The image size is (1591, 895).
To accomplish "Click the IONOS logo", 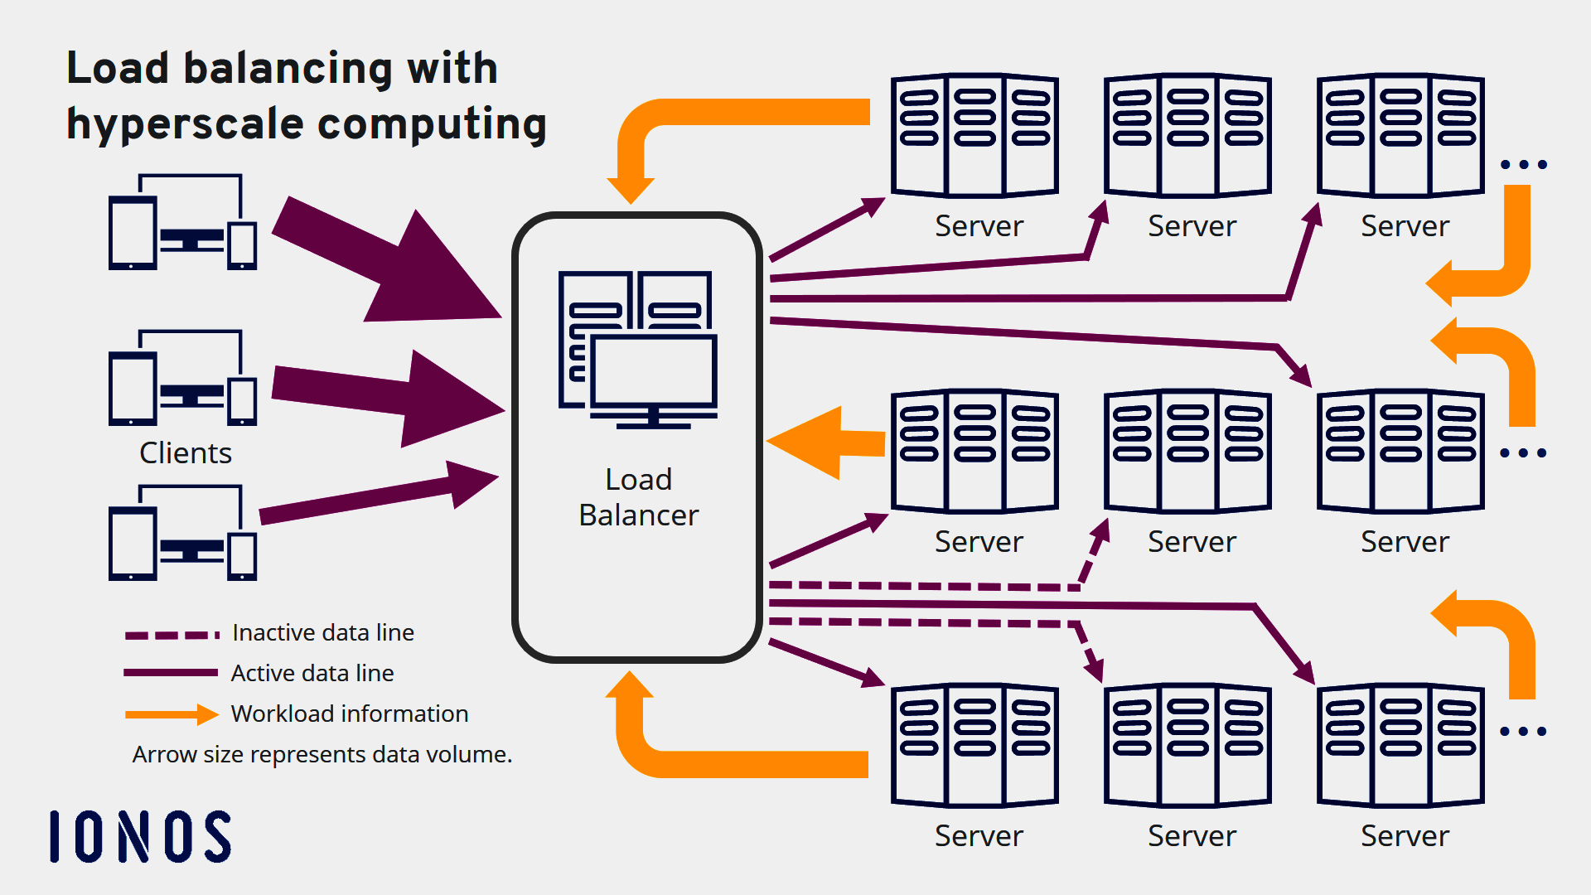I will tap(141, 837).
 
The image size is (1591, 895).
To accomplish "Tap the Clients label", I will tap(186, 453).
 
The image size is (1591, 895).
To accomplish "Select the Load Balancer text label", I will tap(638, 497).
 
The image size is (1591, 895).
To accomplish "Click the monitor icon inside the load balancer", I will tap(654, 373).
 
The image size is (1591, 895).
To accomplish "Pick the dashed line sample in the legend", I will tap(172, 635).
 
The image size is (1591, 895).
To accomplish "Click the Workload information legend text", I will tap(350, 714).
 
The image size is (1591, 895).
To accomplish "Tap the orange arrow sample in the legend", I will tap(172, 714).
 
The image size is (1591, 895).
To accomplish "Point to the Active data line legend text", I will tap(312, 673).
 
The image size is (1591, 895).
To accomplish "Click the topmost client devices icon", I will tap(182, 222).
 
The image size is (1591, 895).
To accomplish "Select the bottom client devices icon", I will tap(182, 533).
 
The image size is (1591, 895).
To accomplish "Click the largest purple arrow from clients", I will tap(389, 261).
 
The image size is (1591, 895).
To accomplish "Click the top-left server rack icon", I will tap(974, 135).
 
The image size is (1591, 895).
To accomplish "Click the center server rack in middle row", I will tap(1187, 451).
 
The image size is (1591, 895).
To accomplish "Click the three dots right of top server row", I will tap(1524, 165).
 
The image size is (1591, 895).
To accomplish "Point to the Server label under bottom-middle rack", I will tap(1192, 836).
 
